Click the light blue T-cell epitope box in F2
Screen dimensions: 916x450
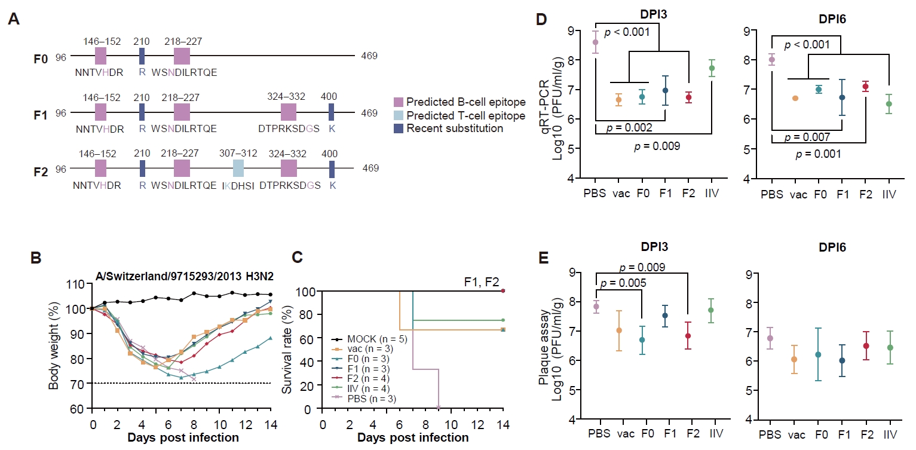tap(238, 168)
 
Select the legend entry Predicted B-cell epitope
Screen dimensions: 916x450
tap(459, 102)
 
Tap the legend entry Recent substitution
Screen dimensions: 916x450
tap(448, 128)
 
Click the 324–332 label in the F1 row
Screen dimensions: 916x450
tap(286, 97)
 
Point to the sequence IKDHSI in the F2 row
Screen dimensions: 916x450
tap(238, 186)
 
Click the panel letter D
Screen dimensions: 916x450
tap(541, 19)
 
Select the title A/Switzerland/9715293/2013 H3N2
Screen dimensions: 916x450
tap(185, 277)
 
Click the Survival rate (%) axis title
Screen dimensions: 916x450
tap(287, 350)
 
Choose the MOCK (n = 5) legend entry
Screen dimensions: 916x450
tap(370, 339)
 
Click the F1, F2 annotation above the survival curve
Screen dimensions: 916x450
tap(482, 282)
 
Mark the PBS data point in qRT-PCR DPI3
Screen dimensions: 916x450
tap(595, 42)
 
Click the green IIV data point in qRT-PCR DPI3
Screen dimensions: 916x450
tap(712, 68)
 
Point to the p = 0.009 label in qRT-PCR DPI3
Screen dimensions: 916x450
tap(657, 146)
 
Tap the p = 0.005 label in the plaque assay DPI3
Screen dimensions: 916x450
tap(623, 283)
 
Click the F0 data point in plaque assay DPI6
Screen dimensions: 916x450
tap(818, 355)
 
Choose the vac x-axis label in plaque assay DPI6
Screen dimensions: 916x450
tap(796, 434)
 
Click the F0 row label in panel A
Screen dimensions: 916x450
tap(41, 59)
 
